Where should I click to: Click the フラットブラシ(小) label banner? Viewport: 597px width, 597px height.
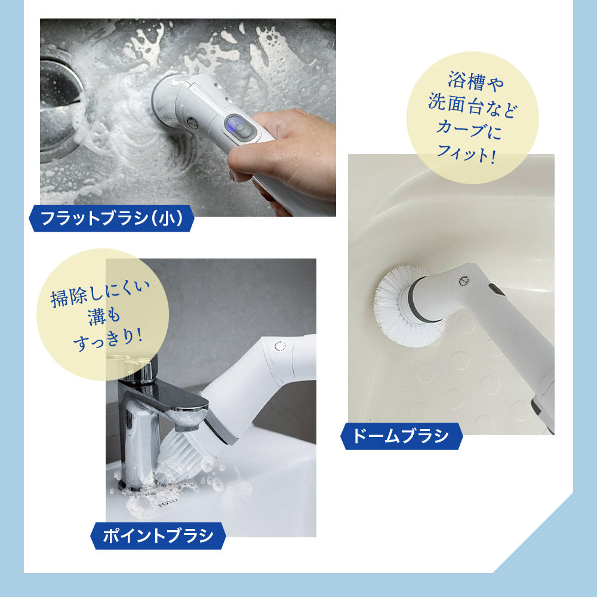pyautogui.click(x=111, y=218)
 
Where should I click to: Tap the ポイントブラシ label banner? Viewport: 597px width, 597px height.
pyautogui.click(x=158, y=536)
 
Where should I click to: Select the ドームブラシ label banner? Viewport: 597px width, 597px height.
pyautogui.click(x=401, y=436)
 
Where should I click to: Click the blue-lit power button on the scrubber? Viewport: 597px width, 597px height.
pyautogui.click(x=239, y=125)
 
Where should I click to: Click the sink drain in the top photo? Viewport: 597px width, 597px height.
pyautogui.click(x=61, y=103)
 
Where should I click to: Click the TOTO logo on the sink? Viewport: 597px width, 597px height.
pyautogui.click(x=168, y=502)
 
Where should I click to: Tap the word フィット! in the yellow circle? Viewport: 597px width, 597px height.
pyautogui.click(x=466, y=153)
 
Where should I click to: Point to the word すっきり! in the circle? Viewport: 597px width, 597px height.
pyautogui.click(x=107, y=338)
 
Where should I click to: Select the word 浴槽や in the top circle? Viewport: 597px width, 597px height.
pyautogui.click(x=476, y=81)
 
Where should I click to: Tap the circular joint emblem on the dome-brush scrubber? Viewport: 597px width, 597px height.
pyautogui.click(x=463, y=281)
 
